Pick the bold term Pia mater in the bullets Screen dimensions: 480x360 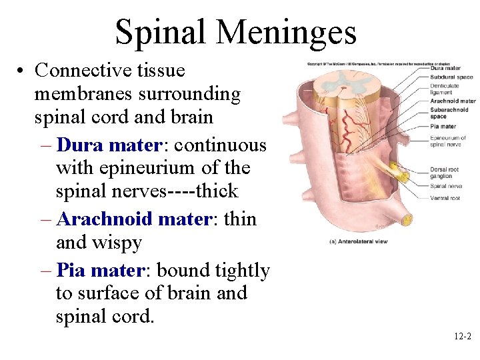pyautogui.click(x=97, y=271)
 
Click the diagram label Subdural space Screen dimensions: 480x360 pyautogui.click(x=451, y=77)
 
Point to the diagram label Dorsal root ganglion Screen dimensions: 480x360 pyautogui.click(x=445, y=173)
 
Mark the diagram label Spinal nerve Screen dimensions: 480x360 pyautogui.click(x=445, y=187)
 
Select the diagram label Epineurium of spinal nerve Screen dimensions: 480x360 pyautogui.click(x=447, y=141)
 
